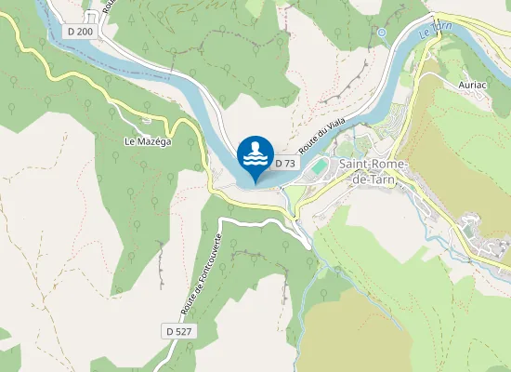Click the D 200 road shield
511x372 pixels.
click(81, 31)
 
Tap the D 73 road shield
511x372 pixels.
click(285, 164)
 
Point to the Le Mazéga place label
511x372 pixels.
click(144, 141)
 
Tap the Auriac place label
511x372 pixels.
click(474, 83)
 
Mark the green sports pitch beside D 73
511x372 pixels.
click(316, 166)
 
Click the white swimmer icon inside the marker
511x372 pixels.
click(255, 153)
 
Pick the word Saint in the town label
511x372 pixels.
click(353, 165)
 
